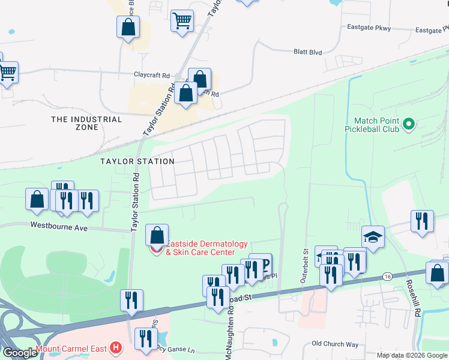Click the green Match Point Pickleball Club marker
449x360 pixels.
[x=409, y=124]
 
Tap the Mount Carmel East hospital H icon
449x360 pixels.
[x=116, y=348]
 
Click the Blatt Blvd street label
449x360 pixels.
[x=307, y=52]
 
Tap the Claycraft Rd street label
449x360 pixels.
[x=153, y=75]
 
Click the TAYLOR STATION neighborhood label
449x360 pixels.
[x=137, y=161]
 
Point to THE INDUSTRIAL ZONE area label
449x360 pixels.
[x=86, y=123]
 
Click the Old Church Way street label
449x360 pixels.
[x=335, y=344]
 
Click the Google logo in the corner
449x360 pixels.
[x=19, y=353]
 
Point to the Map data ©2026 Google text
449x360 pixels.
[x=411, y=355]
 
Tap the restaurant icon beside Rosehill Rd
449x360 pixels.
[x=422, y=220]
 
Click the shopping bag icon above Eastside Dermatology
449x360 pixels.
[x=157, y=235]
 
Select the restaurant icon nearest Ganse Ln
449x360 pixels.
[x=145, y=338]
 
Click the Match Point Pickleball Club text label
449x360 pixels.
[x=372, y=124]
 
